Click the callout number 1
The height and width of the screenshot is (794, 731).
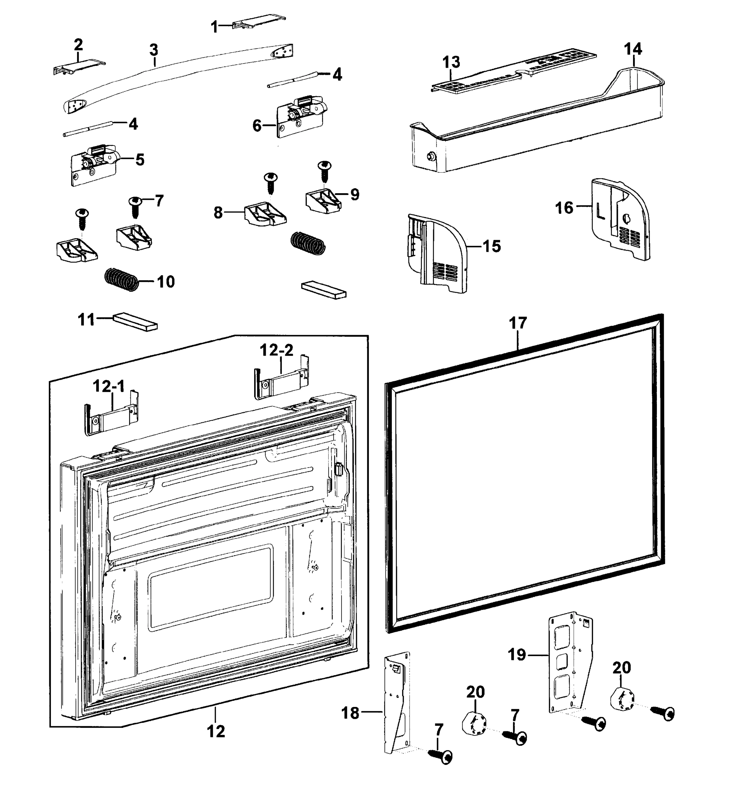coord(214,27)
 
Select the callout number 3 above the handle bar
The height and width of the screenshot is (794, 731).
coord(154,50)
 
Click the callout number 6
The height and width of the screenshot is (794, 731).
coord(257,126)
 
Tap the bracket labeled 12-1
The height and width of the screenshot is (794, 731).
coord(111,419)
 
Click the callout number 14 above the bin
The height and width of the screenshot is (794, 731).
coord(633,49)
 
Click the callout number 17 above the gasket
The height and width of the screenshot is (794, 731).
coord(518,323)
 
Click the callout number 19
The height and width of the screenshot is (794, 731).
coord(517,654)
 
